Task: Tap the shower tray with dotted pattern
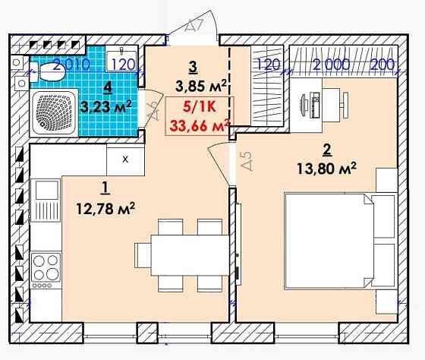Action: [54, 113]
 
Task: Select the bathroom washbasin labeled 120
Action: [121, 58]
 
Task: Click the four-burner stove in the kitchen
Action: [46, 270]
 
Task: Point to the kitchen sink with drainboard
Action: [46, 201]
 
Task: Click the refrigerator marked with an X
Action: [125, 159]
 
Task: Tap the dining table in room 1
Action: [190, 255]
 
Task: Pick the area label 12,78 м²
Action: [105, 208]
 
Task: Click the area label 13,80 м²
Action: [326, 169]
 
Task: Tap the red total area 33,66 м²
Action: [200, 125]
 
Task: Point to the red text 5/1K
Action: [199, 107]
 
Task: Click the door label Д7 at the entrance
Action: [194, 27]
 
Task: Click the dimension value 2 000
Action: [331, 65]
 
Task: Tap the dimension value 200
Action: [382, 65]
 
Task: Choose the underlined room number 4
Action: [108, 87]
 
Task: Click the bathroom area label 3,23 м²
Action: [106, 106]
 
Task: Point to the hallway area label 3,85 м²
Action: [200, 86]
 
